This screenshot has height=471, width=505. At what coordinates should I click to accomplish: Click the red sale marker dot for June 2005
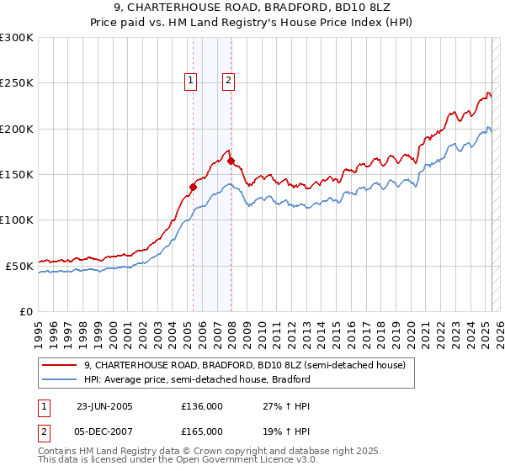193,187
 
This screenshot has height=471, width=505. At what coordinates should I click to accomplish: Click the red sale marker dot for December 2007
231,161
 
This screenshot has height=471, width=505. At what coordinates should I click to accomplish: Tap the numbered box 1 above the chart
191,81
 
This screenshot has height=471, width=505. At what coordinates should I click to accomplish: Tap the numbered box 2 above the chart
228,81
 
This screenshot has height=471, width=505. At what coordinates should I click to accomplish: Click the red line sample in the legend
59,366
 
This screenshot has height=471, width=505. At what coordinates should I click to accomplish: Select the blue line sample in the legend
59,379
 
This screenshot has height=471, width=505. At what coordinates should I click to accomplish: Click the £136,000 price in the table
202,405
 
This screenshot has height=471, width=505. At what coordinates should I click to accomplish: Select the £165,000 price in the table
202,431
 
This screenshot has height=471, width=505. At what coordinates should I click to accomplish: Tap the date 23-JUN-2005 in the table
104,405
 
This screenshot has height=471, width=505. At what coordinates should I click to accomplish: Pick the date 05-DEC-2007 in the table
104,431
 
